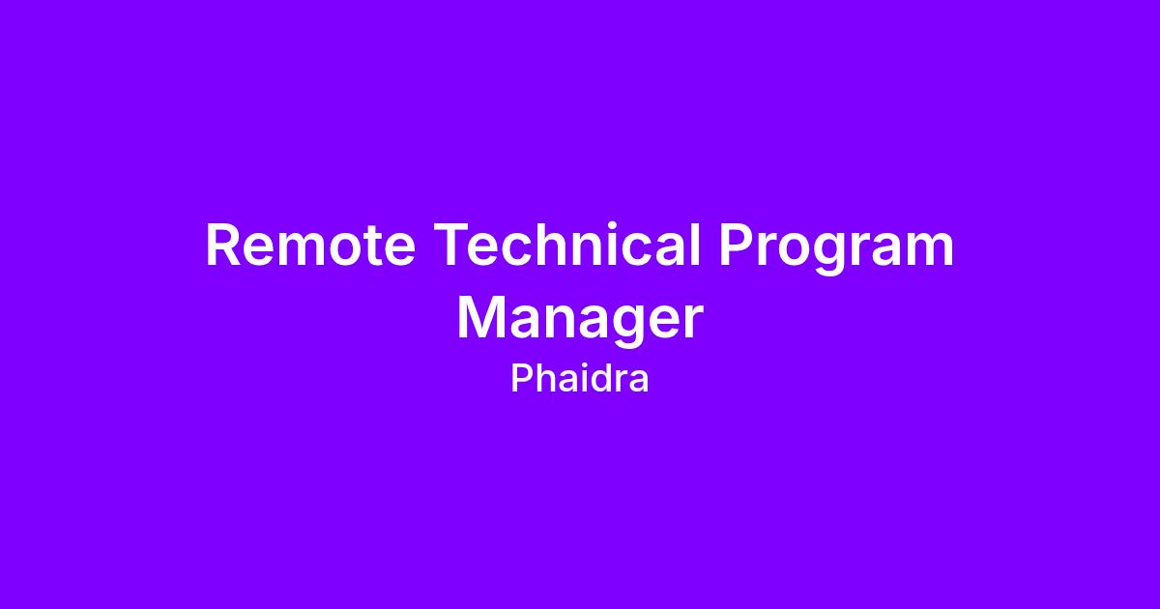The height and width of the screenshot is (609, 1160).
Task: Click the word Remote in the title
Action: click(310, 245)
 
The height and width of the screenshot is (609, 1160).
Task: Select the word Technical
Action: click(567, 244)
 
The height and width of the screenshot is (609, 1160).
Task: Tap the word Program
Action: click(836, 248)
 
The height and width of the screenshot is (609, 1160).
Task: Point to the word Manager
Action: click(580, 321)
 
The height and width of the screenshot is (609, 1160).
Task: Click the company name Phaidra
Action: click(579, 378)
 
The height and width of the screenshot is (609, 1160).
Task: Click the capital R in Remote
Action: click(222, 245)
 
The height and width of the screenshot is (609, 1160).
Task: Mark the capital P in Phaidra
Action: click(521, 378)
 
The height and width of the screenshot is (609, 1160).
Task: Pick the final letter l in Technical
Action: click(697, 244)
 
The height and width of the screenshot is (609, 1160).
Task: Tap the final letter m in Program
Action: click(929, 250)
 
